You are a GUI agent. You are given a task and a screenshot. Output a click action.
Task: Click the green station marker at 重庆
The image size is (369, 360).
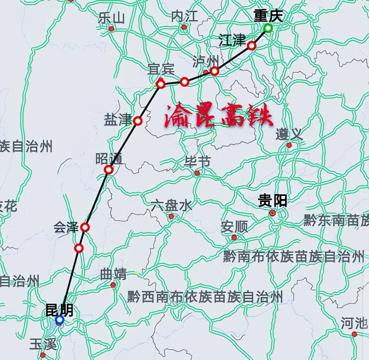268,28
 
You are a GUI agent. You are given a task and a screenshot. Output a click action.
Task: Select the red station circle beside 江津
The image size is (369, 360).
252,45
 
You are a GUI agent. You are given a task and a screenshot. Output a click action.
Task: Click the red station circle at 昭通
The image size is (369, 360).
108,170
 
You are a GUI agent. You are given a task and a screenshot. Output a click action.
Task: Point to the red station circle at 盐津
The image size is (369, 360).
138,121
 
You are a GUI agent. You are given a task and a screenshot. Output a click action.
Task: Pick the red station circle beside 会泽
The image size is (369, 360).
85,227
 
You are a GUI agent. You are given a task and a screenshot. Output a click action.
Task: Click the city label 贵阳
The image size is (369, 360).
272,201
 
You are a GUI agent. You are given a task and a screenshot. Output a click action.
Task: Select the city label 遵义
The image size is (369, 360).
289,134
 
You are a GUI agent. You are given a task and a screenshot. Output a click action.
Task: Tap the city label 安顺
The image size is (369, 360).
234,227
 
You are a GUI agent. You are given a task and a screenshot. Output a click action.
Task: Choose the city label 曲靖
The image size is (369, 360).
113,274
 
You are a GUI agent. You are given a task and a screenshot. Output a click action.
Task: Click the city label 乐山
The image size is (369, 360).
111,17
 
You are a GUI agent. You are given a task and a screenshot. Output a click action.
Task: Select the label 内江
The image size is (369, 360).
184,16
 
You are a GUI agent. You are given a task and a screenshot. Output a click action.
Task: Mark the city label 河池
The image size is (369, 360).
354,323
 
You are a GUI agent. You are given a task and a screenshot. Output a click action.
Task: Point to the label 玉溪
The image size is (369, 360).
43,345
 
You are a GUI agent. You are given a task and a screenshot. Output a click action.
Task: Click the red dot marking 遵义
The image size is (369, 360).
289,145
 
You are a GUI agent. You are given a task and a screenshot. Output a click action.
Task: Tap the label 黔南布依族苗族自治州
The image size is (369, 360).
293,256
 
